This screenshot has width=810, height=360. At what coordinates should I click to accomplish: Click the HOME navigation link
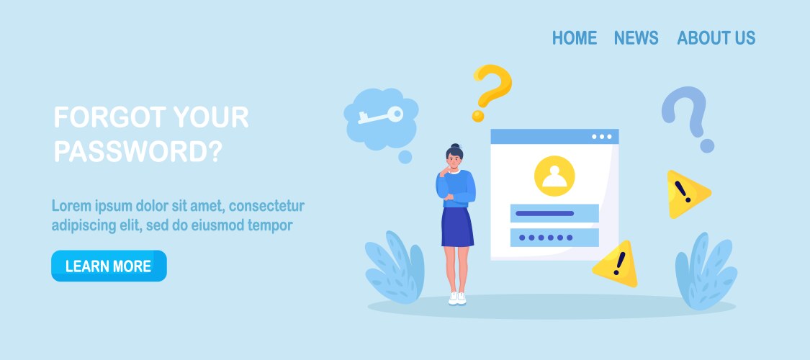pos(575,37)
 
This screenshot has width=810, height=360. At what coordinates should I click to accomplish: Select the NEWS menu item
pos(636,37)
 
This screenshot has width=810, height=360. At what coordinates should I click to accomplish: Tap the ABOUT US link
pos(716,37)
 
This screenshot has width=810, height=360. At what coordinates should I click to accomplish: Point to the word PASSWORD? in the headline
pos(138,151)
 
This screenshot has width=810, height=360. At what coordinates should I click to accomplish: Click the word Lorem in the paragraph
pos(71,206)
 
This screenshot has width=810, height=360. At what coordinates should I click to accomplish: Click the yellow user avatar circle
pos(554,176)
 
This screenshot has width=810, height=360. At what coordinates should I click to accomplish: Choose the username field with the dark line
pos(554,213)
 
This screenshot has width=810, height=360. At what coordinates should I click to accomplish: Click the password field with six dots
pos(554,238)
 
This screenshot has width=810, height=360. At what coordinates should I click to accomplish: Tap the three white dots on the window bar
pos(602,137)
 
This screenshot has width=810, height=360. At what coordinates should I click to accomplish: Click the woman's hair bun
pos(454,146)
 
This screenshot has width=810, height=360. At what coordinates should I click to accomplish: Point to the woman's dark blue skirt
pos(457,227)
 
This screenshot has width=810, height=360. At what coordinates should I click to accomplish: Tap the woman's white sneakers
pos(457,298)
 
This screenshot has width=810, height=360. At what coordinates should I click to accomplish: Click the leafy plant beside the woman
pos(395,267)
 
